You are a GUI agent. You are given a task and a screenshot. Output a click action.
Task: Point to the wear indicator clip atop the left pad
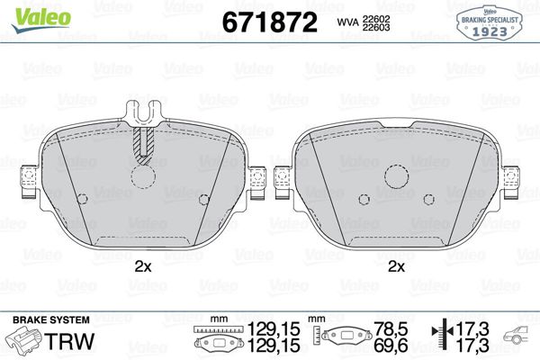[x=141, y=113]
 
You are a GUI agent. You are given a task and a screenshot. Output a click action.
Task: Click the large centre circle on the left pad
[x=141, y=175]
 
